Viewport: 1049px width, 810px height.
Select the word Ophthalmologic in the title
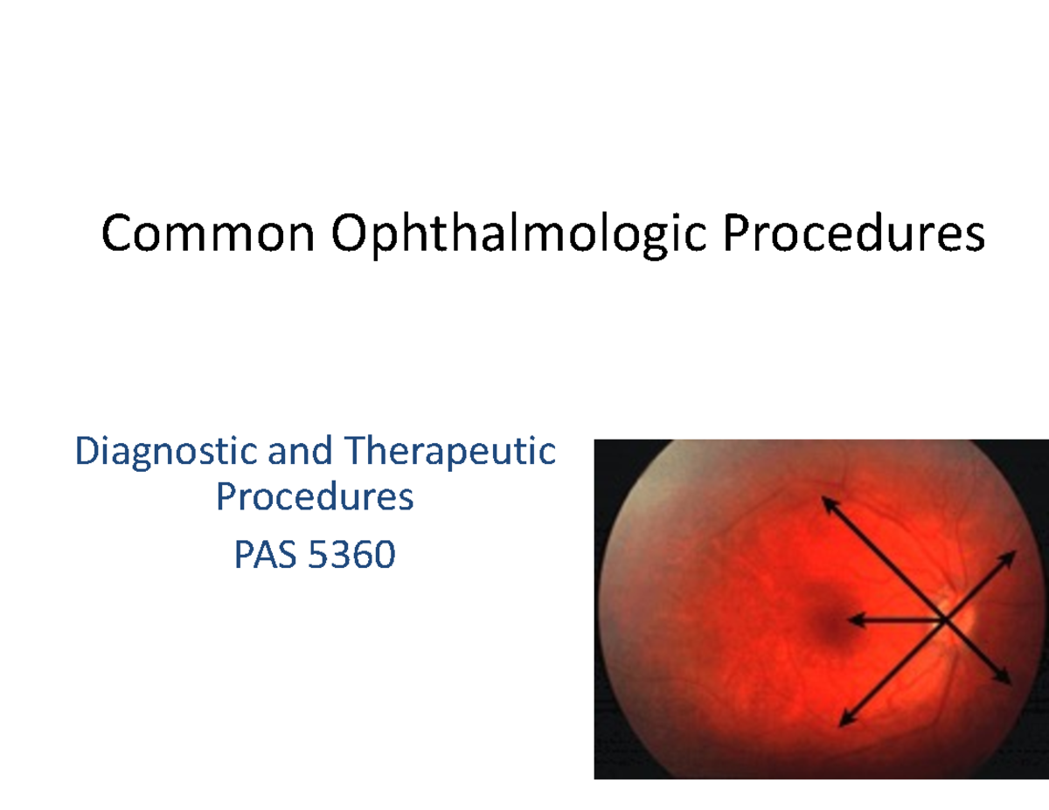point(517,236)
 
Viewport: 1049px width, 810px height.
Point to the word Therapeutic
point(450,453)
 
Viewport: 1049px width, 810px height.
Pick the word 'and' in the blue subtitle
point(300,453)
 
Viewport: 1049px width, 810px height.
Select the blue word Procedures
point(315,497)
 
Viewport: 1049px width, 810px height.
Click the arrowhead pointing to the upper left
point(827,503)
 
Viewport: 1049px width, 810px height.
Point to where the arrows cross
point(945,620)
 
